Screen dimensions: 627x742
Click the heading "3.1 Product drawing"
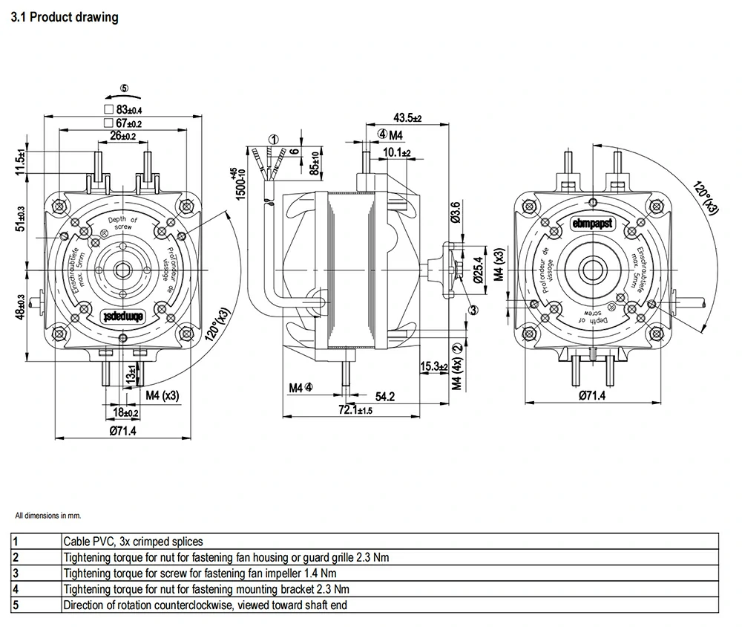[x=65, y=17]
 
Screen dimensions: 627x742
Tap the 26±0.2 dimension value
[x=122, y=136]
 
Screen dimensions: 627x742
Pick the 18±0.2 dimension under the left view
[x=125, y=412]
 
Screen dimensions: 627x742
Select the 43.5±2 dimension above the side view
[x=407, y=117]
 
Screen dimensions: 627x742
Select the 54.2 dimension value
[x=384, y=397]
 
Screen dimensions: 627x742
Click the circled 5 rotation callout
[x=124, y=88]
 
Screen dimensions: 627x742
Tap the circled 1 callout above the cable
[x=273, y=139]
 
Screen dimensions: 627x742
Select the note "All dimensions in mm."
[x=47, y=515]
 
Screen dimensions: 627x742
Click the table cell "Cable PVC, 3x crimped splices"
[x=133, y=542]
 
